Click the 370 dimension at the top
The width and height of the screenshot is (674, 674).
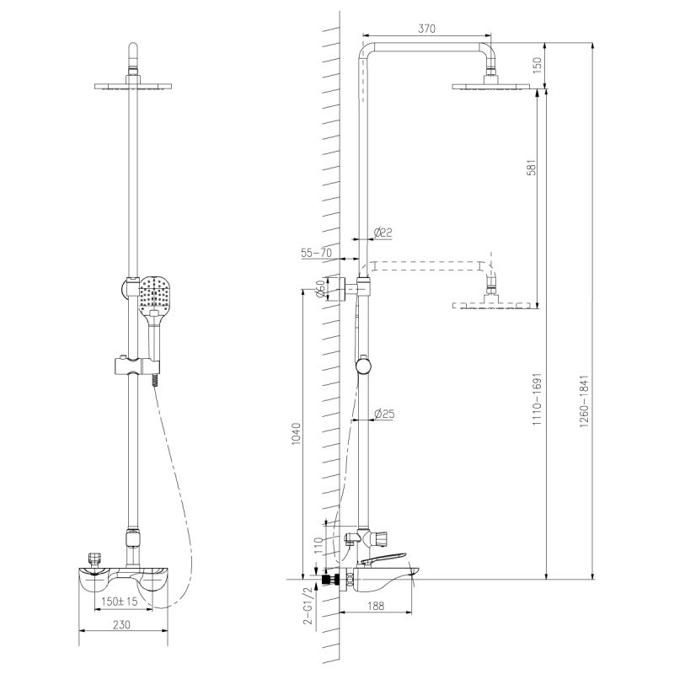click(x=426, y=29)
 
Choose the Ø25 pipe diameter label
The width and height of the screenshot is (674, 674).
click(x=384, y=413)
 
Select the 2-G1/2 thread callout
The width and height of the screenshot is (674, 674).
click(x=309, y=609)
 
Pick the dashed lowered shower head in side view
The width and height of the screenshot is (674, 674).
click(x=493, y=303)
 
